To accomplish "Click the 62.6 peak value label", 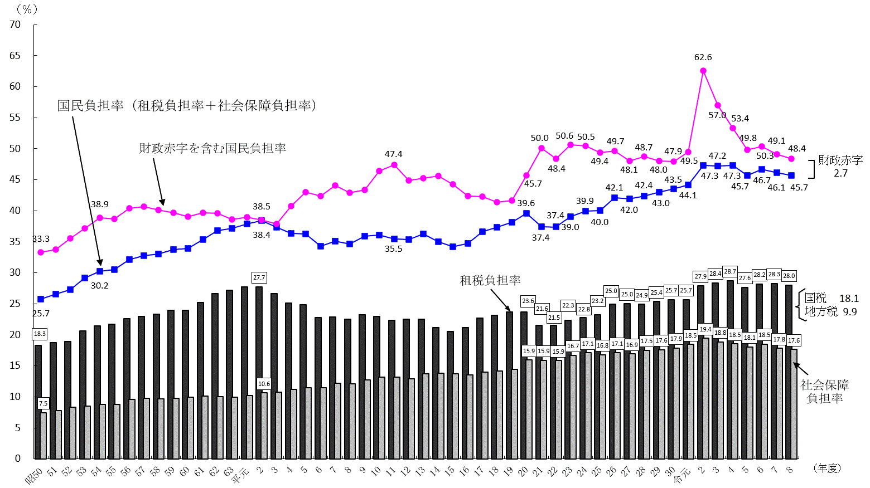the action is pyautogui.click(x=703, y=57).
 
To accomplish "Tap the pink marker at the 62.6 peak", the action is pyautogui.click(x=703, y=71).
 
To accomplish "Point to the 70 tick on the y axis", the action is pyautogui.click(x=15, y=25).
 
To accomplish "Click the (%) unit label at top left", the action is pyautogui.click(x=27, y=9).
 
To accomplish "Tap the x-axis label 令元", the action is pyautogui.click(x=682, y=475).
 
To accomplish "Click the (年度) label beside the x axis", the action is pyautogui.click(x=827, y=469).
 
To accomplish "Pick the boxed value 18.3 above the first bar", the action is pyautogui.click(x=40, y=334).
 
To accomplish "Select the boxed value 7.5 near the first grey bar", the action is pyautogui.click(x=43, y=403).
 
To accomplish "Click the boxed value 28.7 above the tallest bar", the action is pyautogui.click(x=730, y=271).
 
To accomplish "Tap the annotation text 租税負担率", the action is pyautogui.click(x=490, y=280).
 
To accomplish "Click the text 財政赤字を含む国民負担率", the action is pyautogui.click(x=212, y=148).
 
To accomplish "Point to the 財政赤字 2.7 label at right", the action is pyautogui.click(x=840, y=167).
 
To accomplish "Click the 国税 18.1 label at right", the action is pyautogui.click(x=832, y=298).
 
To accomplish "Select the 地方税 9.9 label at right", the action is pyautogui.click(x=830, y=311).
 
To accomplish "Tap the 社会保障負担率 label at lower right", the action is pyautogui.click(x=825, y=392).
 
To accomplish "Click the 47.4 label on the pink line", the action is pyautogui.click(x=393, y=154).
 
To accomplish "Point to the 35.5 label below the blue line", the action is pyautogui.click(x=393, y=249).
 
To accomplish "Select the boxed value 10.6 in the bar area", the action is pyautogui.click(x=264, y=384).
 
